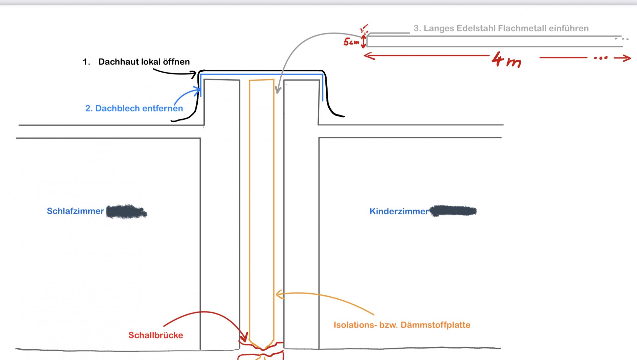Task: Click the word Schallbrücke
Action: click(x=156, y=335)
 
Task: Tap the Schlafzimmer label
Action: click(x=75, y=211)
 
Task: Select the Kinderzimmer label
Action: click(x=399, y=211)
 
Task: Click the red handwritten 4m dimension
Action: click(x=507, y=60)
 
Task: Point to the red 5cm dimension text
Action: click(x=351, y=42)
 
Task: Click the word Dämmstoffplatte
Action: click(x=435, y=325)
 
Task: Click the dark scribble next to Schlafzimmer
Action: click(x=126, y=211)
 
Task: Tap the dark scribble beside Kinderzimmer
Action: click(x=453, y=211)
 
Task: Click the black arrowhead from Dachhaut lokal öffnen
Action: click(x=194, y=74)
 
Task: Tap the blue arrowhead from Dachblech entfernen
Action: click(x=198, y=89)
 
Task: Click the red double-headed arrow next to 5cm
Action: click(x=364, y=41)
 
